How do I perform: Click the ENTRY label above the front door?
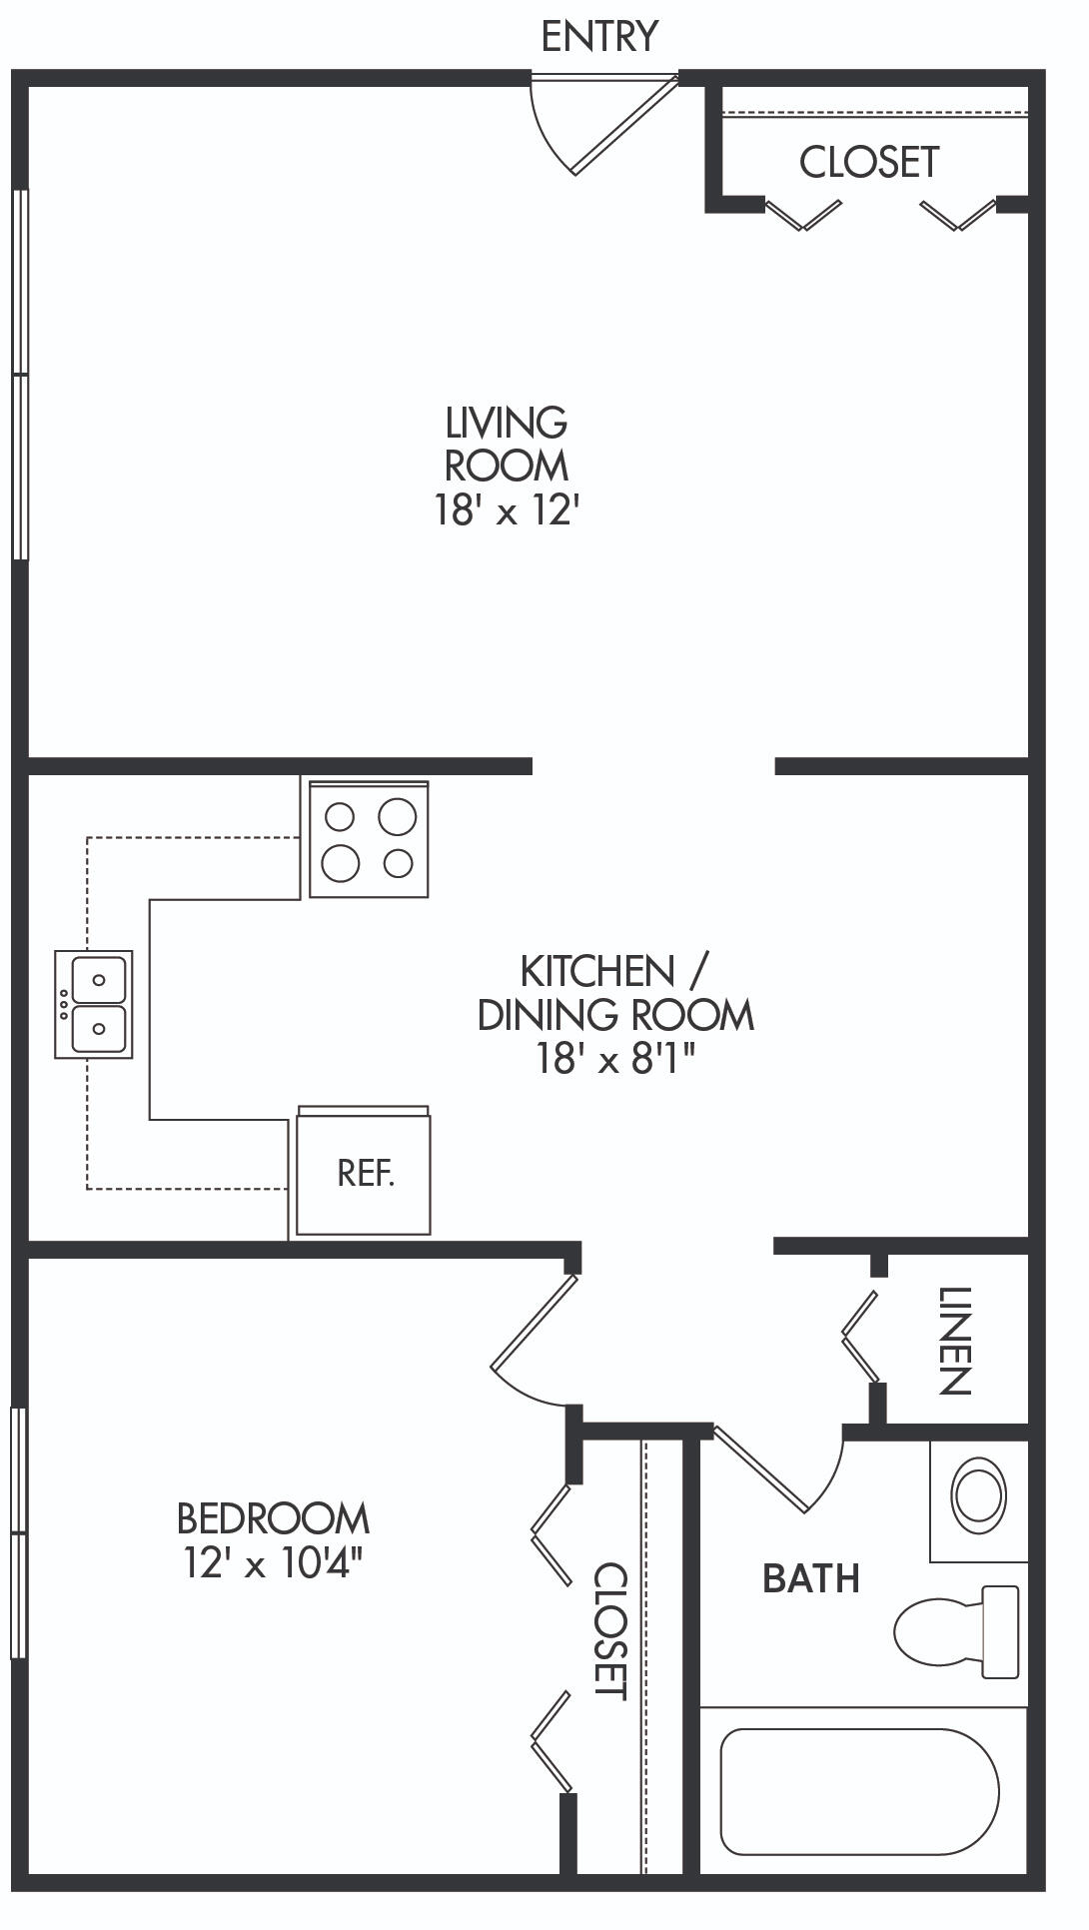[599, 36]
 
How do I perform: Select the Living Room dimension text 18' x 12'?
[507, 511]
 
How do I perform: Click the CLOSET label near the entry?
[869, 162]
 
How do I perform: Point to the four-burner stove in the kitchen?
[369, 839]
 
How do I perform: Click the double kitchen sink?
[94, 1004]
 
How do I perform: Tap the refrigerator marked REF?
[364, 1171]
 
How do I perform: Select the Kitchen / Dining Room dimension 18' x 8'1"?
[615, 1059]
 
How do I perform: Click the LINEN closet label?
[953, 1341]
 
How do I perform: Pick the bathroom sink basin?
[979, 1495]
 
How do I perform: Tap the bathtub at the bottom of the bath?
[860, 1791]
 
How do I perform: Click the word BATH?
[811, 1578]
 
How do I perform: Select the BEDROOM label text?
[273, 1518]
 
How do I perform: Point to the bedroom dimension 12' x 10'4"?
[272, 1562]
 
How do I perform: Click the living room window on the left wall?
[20, 375]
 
